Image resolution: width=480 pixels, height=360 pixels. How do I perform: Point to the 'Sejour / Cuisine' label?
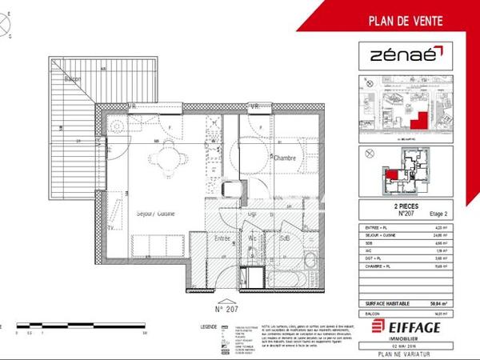point(156,213)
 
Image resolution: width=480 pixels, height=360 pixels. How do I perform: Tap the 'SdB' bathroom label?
point(284,238)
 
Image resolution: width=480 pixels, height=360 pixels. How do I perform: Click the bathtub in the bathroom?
point(289,276)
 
